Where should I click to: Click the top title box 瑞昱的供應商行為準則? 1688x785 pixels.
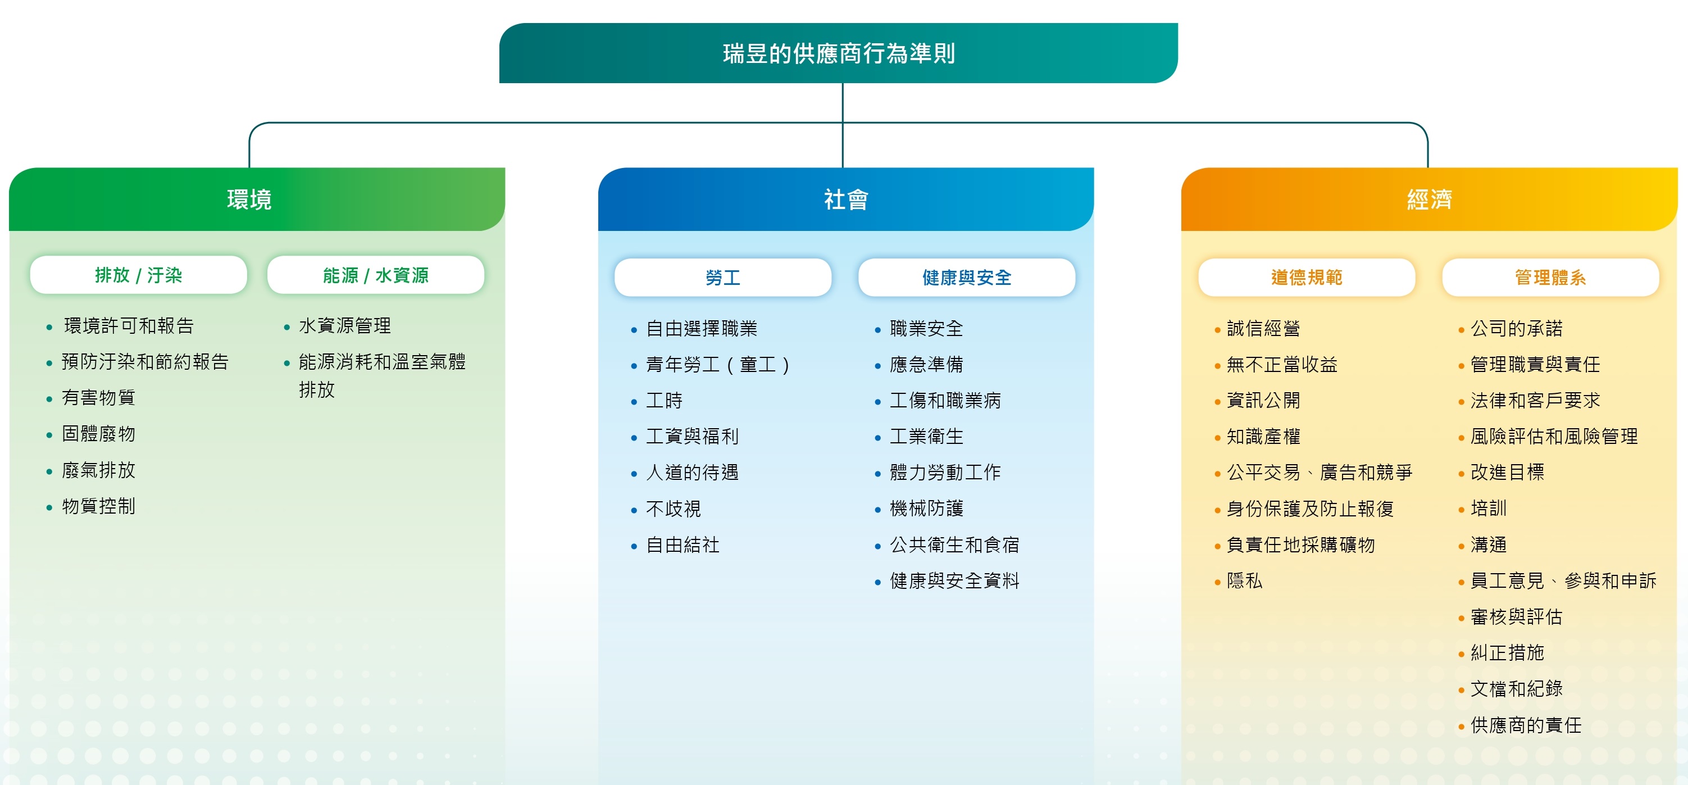click(x=838, y=53)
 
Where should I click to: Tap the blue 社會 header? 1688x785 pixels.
click(x=846, y=199)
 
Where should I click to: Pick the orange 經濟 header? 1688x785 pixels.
click(x=1429, y=199)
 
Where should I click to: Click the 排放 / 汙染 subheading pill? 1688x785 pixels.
click(x=138, y=275)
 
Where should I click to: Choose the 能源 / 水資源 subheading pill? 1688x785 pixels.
click(x=375, y=275)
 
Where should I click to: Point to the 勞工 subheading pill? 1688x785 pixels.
click(x=723, y=278)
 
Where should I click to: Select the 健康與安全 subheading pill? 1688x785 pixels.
click(x=967, y=278)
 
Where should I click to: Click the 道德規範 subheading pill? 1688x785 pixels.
click(x=1307, y=278)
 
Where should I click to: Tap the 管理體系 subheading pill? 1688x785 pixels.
click(x=1550, y=278)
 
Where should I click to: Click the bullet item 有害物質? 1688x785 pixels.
click(x=98, y=398)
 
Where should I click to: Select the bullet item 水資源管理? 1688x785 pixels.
click(x=345, y=326)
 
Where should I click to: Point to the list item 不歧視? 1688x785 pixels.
click(x=673, y=509)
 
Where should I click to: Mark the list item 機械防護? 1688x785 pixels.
click(x=926, y=509)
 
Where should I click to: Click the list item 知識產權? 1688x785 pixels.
click(x=1263, y=437)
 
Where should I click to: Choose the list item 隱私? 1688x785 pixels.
click(x=1244, y=580)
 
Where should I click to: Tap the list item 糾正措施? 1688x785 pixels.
click(x=1507, y=652)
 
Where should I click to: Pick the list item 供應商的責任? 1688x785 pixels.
click(x=1526, y=725)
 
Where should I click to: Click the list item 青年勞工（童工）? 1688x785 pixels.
click(x=718, y=364)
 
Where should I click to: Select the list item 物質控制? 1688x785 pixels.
click(x=98, y=506)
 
